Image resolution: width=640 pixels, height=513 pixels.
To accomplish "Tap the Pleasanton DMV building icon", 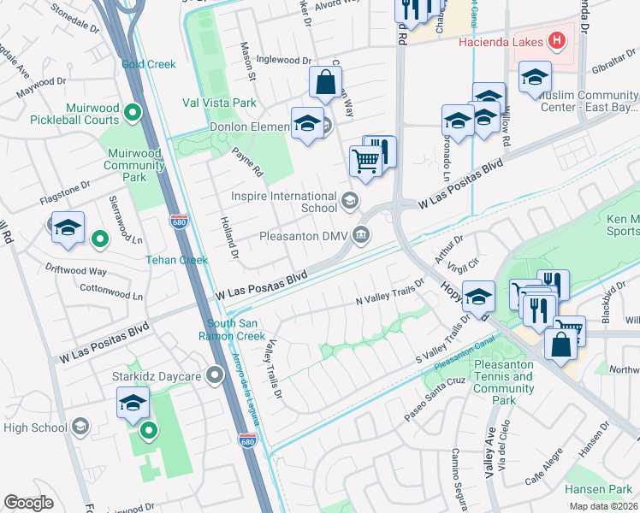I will (363, 234).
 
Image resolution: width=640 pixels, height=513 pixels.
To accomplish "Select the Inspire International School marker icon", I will (349, 201).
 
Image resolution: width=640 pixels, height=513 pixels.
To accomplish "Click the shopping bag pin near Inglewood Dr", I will (325, 83).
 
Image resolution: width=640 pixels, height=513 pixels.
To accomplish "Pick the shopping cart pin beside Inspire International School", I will (365, 160).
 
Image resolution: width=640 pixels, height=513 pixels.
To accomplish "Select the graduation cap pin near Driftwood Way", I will (68, 227).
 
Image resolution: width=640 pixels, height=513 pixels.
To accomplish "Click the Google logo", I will (28, 503).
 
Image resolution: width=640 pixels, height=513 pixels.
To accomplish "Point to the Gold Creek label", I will (148, 64).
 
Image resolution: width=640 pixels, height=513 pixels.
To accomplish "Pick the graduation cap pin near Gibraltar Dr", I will (535, 79).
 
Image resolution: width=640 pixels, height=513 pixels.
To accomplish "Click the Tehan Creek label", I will (176, 260).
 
